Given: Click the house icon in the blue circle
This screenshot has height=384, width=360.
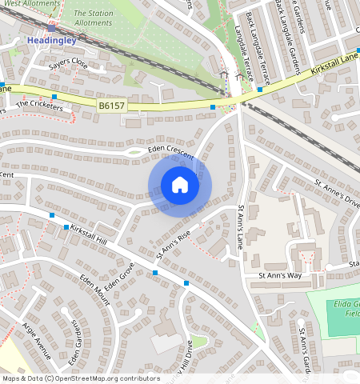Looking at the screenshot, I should (x=180, y=185).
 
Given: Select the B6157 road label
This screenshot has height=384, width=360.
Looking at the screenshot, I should (x=113, y=105).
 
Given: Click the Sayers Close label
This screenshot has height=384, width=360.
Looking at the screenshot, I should (x=68, y=63).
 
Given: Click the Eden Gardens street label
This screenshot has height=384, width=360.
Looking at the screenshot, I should (x=76, y=330).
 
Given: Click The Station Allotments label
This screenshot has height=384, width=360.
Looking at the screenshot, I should (x=94, y=18).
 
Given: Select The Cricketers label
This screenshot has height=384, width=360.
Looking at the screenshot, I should (x=39, y=104).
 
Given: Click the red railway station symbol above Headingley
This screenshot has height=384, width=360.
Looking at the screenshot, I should (x=51, y=26).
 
